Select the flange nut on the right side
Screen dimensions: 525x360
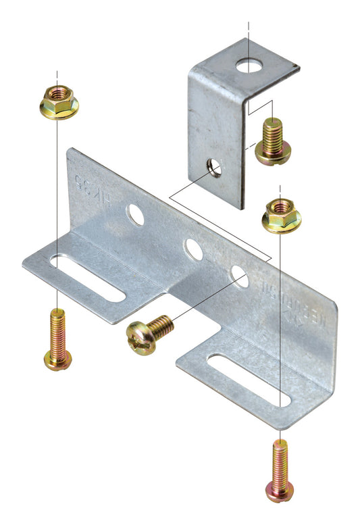(281, 214)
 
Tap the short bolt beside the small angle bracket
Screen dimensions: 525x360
(272, 141)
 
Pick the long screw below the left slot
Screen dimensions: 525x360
(57, 339)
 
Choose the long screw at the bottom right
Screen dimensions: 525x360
(280, 470)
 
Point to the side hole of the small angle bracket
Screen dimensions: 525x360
(214, 167)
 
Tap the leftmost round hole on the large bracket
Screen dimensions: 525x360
(135, 216)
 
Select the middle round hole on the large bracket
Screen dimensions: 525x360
(193, 249)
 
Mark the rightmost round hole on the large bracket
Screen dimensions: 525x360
(238, 274)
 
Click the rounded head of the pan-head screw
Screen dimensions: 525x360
(140, 338)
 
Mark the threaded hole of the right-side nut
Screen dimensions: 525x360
(281, 205)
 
